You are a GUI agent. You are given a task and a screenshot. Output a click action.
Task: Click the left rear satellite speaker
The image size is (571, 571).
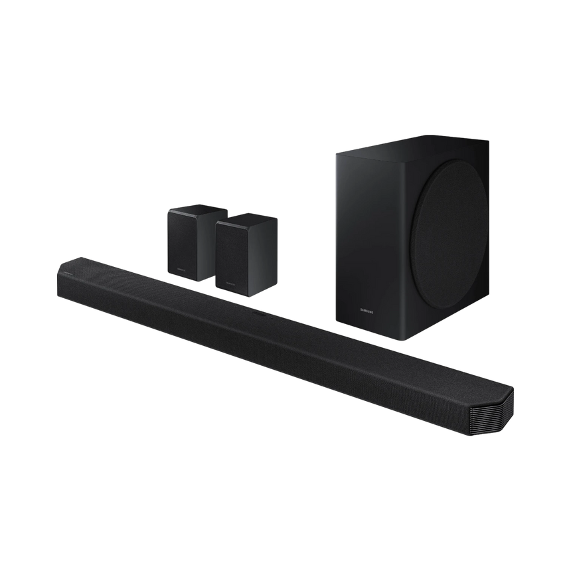(x=191, y=242)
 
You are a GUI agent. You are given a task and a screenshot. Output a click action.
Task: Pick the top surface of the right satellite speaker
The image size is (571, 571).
(x=247, y=218)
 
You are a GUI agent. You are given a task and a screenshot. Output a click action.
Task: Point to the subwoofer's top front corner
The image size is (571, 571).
(x=335, y=152)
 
